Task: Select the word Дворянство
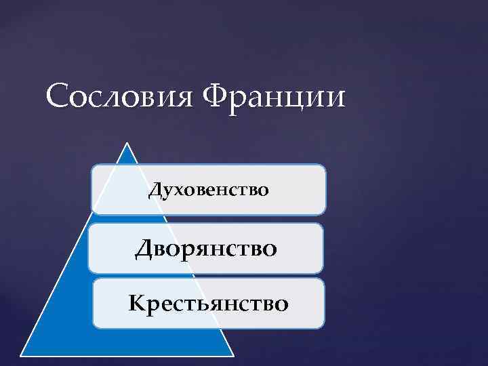coord(206,249)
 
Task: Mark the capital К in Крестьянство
coord(136,302)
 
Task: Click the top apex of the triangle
coord(127,143)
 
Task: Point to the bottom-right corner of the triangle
coord(233,354)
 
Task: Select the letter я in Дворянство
coord(201,250)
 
